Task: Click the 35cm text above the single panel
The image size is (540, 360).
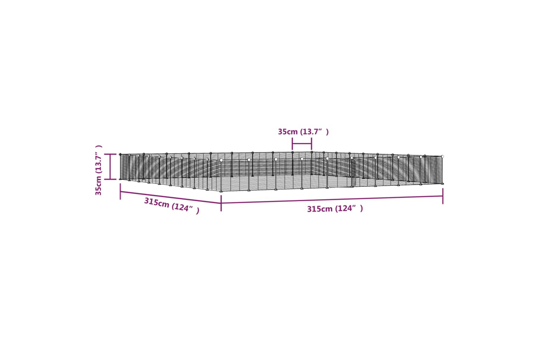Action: pos(288,132)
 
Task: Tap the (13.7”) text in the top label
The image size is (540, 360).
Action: pos(314,132)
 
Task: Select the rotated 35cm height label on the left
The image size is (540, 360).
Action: pos(98,186)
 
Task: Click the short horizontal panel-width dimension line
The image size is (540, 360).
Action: pos(302,144)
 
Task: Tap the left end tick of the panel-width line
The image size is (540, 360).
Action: pos(292,144)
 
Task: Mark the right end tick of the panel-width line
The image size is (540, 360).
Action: pos(311,144)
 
